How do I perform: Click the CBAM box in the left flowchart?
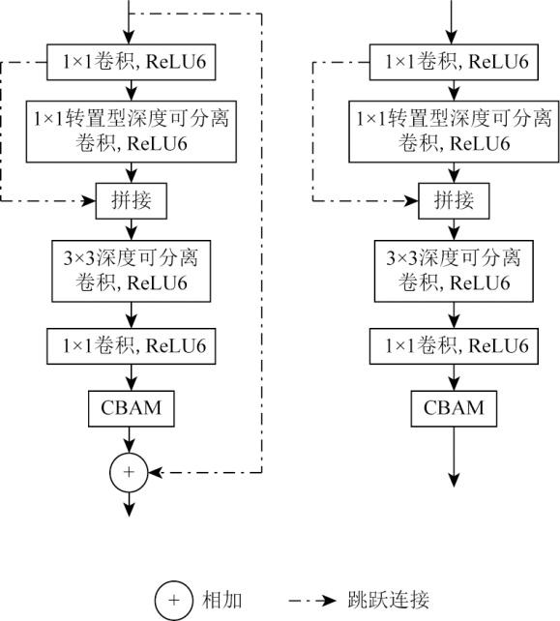click(132, 408)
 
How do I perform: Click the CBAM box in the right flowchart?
click(454, 408)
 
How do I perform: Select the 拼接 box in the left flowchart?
click(132, 201)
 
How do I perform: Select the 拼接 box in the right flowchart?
click(454, 201)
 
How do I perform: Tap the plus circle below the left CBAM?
click(129, 472)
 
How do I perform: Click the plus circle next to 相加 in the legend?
click(174, 601)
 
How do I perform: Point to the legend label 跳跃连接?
click(389, 600)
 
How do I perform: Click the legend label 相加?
click(222, 600)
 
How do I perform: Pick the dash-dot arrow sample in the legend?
click(312, 601)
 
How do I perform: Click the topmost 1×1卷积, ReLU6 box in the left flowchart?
click(132, 62)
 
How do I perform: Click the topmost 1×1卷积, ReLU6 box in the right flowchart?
click(454, 62)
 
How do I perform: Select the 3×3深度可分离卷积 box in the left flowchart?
click(132, 271)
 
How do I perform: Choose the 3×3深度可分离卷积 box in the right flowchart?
click(454, 271)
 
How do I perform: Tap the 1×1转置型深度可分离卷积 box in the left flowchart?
click(132, 132)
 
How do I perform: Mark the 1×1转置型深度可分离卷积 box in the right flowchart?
click(454, 132)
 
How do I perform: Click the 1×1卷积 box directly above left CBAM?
click(132, 346)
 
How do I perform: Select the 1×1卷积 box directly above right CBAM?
click(454, 346)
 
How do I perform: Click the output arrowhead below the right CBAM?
click(454, 480)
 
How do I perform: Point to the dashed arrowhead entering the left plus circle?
click(156, 472)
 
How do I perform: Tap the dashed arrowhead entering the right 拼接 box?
click(411, 201)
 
